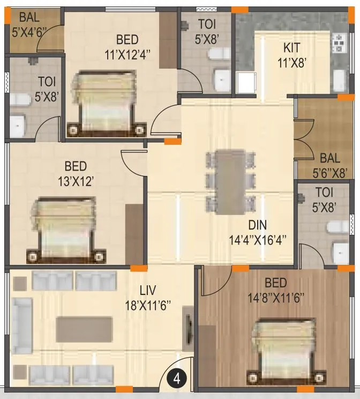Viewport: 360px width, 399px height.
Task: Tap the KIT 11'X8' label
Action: [x=292, y=54]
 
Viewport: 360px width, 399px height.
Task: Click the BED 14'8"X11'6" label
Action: [x=275, y=290]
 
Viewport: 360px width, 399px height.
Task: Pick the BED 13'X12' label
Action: [x=76, y=173]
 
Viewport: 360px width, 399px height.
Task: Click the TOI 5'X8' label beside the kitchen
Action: [x=206, y=31]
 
